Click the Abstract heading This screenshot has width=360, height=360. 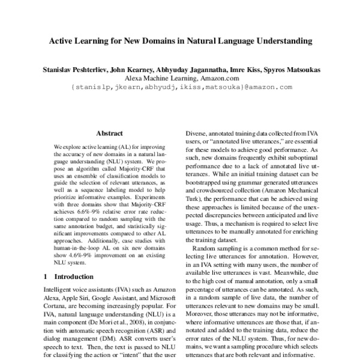pos(109,133)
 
